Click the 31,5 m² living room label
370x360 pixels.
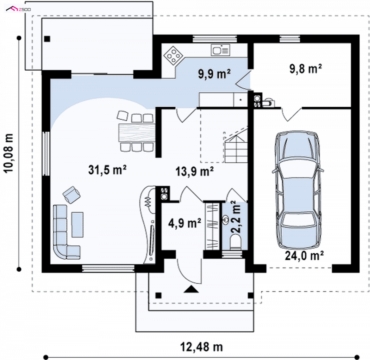(x=107, y=170)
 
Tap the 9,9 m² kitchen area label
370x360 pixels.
(x=214, y=74)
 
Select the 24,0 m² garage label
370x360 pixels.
(x=304, y=256)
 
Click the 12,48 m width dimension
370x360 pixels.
(x=202, y=347)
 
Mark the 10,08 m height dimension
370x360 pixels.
(x=9, y=153)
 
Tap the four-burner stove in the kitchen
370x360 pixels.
(x=173, y=55)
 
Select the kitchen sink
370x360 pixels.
(x=221, y=50)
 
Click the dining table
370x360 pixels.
(x=137, y=133)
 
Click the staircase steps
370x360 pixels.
(x=236, y=146)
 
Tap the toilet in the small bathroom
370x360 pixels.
(x=235, y=243)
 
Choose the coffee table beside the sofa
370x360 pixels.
(x=77, y=225)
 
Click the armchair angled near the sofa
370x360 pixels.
(x=71, y=195)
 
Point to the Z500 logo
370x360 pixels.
(x=18, y=9)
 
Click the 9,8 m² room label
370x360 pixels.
(x=306, y=69)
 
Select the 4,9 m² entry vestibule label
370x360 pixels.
(x=185, y=223)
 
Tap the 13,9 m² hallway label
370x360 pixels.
(x=195, y=171)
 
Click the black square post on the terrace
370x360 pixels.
(x=47, y=39)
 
